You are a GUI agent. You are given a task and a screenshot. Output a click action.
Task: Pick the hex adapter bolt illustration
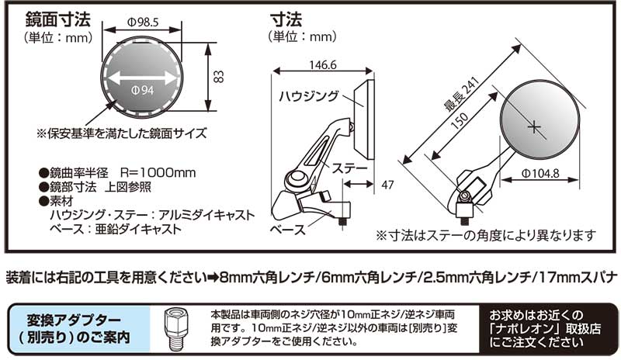point(175,327)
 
